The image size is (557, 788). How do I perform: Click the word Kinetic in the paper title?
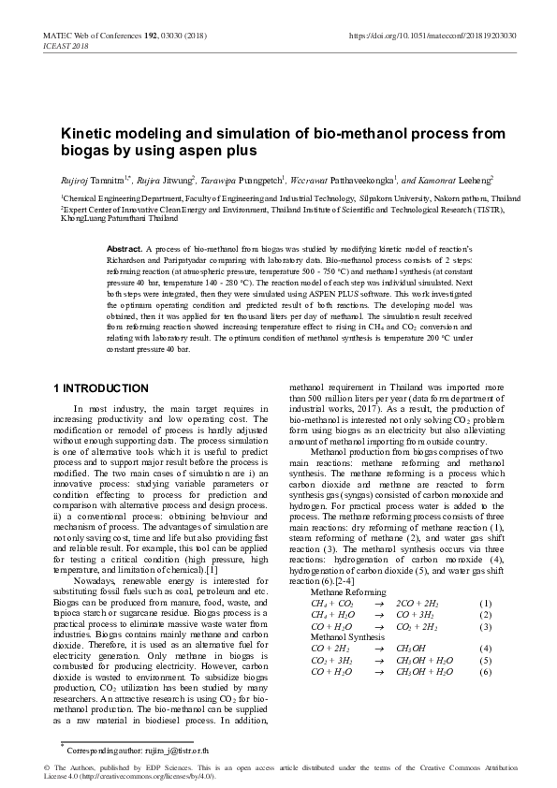pyautogui.click(x=86, y=134)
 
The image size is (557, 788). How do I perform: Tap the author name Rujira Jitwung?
pyautogui.click(x=168, y=179)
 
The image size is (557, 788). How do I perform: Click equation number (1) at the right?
pyautogui.click(x=485, y=604)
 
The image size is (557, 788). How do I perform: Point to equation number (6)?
pyautogui.click(x=485, y=671)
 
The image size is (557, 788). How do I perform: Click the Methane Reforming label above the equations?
pyautogui.click(x=347, y=592)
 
